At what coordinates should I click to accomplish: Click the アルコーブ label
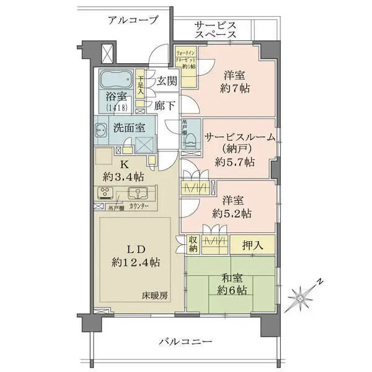(x=132, y=20)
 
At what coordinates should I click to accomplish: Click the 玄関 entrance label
(x=166, y=81)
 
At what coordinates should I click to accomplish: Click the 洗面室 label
(x=129, y=128)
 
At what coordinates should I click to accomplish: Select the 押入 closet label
(x=252, y=245)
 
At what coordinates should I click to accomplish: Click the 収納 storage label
(x=193, y=244)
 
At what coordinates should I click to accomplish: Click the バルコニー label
(x=185, y=342)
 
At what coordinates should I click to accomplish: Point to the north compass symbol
(x=305, y=297)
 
